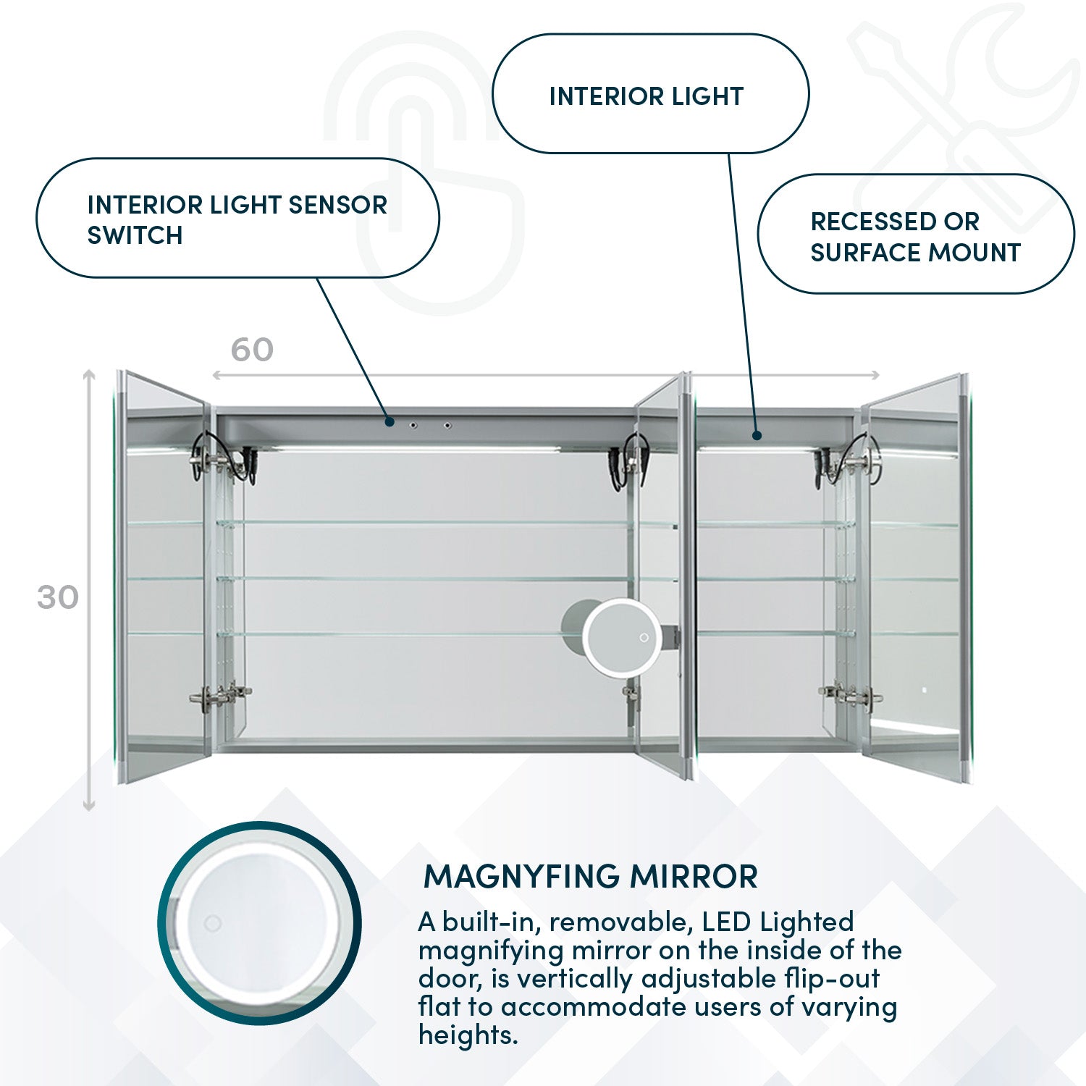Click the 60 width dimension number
pyautogui.click(x=252, y=350)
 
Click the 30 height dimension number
pyautogui.click(x=57, y=597)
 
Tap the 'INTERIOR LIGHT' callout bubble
pyautogui.click(x=649, y=94)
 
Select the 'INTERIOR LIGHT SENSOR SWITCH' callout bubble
pyautogui.click(x=237, y=218)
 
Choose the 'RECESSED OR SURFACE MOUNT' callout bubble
pyautogui.click(x=915, y=234)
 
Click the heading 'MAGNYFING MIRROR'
pyautogui.click(x=590, y=876)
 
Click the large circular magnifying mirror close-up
pyautogui.click(x=259, y=923)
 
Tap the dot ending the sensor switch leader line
pyautogui.click(x=390, y=421)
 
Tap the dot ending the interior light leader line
pyautogui.click(x=757, y=435)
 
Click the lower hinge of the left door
pyautogui.click(x=221, y=696)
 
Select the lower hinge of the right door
pyautogui.click(x=851, y=695)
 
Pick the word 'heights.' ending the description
pyautogui.click(x=468, y=1035)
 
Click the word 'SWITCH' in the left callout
pyautogui.click(x=135, y=235)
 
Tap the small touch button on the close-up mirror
pyautogui.click(x=212, y=923)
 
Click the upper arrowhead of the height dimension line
pyautogui.click(x=89, y=374)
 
